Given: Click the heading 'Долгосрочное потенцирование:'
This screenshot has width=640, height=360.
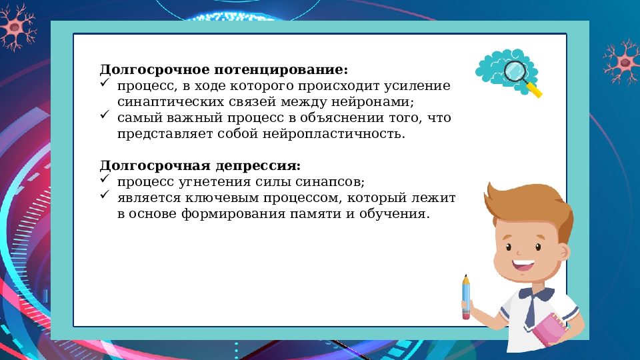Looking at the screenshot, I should tap(223, 70).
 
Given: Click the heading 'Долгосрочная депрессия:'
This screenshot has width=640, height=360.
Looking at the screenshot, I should tap(200, 165).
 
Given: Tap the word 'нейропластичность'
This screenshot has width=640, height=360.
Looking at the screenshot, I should tap(347, 134).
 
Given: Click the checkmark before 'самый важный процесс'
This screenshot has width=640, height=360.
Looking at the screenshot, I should tap(105, 116).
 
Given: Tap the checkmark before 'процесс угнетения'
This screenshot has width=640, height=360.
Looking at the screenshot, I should tap(105, 180).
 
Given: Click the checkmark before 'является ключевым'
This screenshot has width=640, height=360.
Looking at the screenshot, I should tap(105, 196).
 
